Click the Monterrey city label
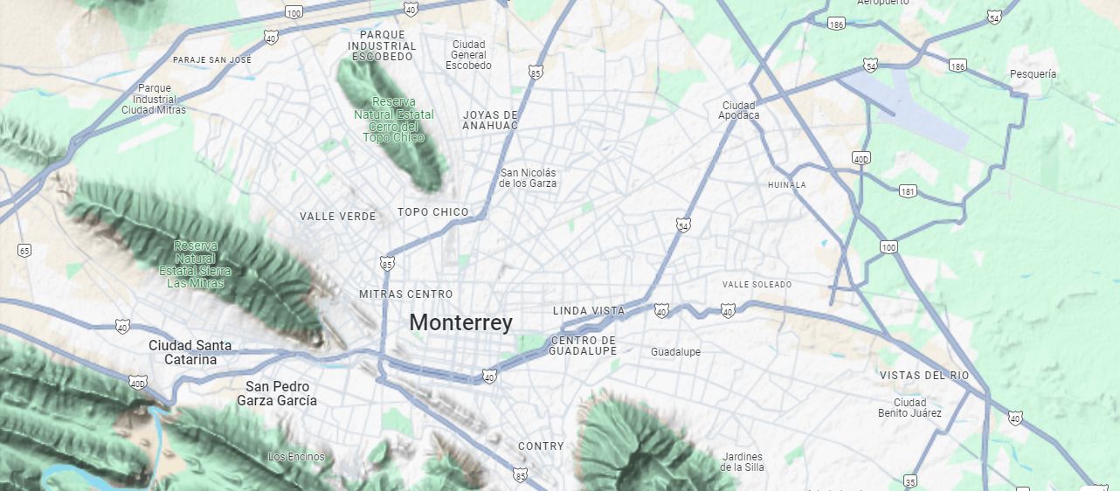point(460,322)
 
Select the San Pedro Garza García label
point(277,393)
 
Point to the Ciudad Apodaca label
point(739,110)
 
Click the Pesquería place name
point(1032,74)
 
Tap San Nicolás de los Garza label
point(528,178)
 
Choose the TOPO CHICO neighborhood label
point(432,212)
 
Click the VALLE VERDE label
point(337,217)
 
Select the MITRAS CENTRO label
point(406,294)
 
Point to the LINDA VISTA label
point(589,311)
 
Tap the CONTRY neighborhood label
point(541,446)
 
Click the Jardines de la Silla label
point(742,461)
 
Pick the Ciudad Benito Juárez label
point(910,407)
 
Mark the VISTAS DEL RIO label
point(924,376)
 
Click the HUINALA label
point(786,185)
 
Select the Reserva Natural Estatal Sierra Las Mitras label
point(196,264)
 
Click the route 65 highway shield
point(24,251)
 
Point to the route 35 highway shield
point(910,481)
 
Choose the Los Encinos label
point(296,457)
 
